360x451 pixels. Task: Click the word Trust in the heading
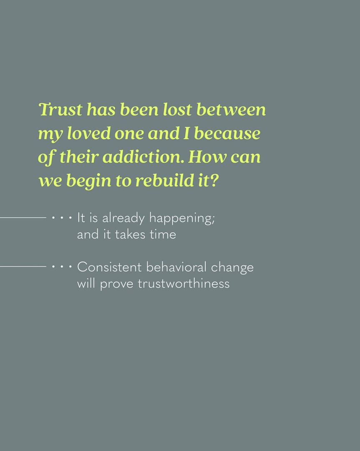pyautogui.click(x=60, y=109)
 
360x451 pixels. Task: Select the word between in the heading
pyautogui.click(x=231, y=109)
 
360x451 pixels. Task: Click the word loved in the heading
pyautogui.click(x=89, y=134)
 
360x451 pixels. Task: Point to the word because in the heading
pyautogui.click(x=227, y=134)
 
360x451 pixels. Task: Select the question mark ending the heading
pyautogui.click(x=214, y=181)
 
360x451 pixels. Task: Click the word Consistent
pyautogui.click(x=109, y=267)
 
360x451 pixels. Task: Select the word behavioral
pyautogui.click(x=176, y=267)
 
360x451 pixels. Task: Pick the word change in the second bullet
pyautogui.click(x=232, y=268)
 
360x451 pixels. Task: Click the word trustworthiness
pyautogui.click(x=184, y=284)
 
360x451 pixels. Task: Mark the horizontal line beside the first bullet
pyautogui.click(x=23, y=218)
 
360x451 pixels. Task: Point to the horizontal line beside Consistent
pyautogui.click(x=23, y=266)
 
